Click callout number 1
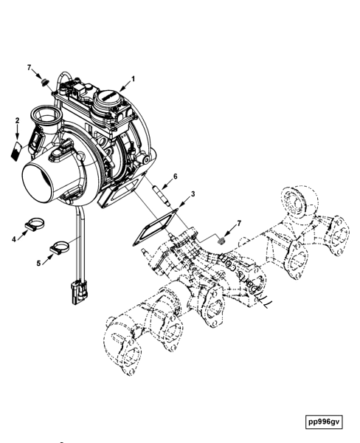(134, 78)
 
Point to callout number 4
(14, 238)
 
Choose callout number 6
(175, 176)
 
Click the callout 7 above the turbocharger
(30, 68)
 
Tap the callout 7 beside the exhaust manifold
(238, 223)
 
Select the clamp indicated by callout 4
(35, 223)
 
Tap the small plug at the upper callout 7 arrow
(45, 80)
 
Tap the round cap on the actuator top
(105, 97)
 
